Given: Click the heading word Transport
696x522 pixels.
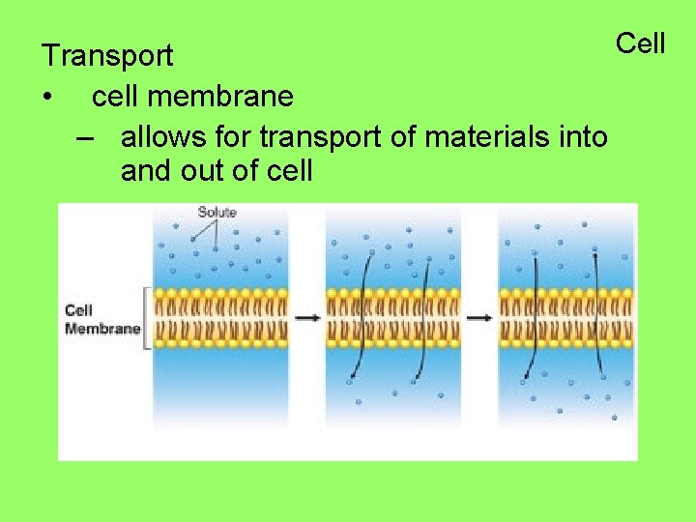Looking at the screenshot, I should pyautogui.click(x=107, y=56).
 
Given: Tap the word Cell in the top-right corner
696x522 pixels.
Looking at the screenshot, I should pyautogui.click(x=641, y=43).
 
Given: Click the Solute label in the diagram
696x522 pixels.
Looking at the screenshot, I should pyautogui.click(x=217, y=213).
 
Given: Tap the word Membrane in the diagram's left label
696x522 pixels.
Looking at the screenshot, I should pyautogui.click(x=102, y=329).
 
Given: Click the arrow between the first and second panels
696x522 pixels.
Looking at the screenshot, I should pyautogui.click(x=307, y=317).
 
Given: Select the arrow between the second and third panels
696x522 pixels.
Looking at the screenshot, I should pyautogui.click(x=479, y=317).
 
